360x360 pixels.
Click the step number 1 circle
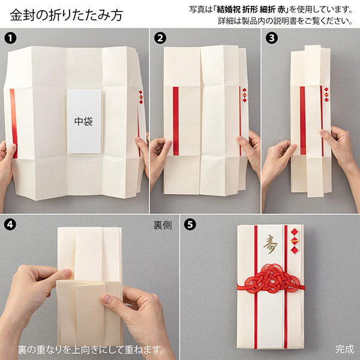click(x=10, y=38)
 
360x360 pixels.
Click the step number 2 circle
click(x=160, y=38)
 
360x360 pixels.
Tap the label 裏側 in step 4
click(x=162, y=226)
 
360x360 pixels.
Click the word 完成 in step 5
click(x=344, y=349)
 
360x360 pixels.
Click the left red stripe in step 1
click(x=13, y=123)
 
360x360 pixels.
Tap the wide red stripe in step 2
click(x=175, y=120)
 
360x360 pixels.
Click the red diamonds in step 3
click(x=326, y=95)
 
